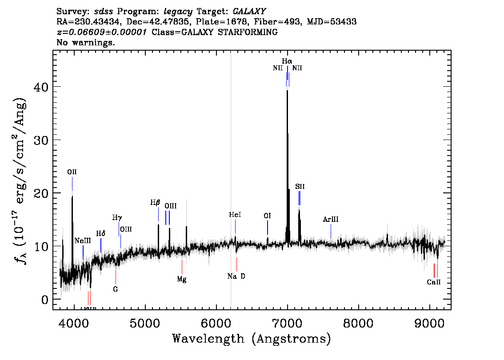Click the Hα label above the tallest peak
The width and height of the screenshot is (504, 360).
(x=287, y=60)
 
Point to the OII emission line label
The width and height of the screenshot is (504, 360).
(x=72, y=172)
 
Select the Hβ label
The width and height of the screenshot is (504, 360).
(x=155, y=203)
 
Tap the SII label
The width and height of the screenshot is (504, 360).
(x=300, y=187)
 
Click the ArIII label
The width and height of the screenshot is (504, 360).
(x=331, y=220)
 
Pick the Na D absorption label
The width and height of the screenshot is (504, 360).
(x=236, y=276)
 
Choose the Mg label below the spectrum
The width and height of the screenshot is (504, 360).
(x=182, y=280)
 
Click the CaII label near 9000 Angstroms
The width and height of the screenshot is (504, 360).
(x=434, y=282)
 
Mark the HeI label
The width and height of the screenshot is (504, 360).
(x=235, y=215)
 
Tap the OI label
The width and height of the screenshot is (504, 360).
(x=267, y=216)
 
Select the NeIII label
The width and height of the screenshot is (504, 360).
(x=83, y=240)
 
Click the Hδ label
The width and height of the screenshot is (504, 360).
(x=101, y=234)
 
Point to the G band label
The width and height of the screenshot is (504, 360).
(x=116, y=289)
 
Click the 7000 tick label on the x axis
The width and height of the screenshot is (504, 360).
(x=288, y=322)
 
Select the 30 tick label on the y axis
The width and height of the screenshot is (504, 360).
(x=42, y=140)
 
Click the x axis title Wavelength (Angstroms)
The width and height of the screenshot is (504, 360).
(x=252, y=339)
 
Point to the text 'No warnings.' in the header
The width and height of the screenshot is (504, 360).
(x=86, y=43)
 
